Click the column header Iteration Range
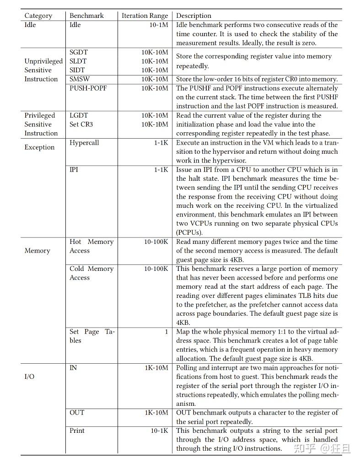tap(145, 16)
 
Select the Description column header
tap(194, 16)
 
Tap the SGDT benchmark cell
tap(79, 52)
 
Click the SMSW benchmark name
tap(80, 79)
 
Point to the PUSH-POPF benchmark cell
tap(88, 88)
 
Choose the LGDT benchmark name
tap(79, 115)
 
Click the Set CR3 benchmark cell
tap(81, 124)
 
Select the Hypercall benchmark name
tap(84, 143)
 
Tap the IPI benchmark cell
tap(74, 170)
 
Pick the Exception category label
tap(39, 147)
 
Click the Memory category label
tap(37, 251)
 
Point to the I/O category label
tap(29, 377)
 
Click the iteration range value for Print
tap(159, 431)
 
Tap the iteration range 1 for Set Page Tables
tap(166, 332)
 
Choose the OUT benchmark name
tap(77, 413)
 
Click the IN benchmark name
tap(73, 368)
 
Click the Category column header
tap(38, 16)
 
